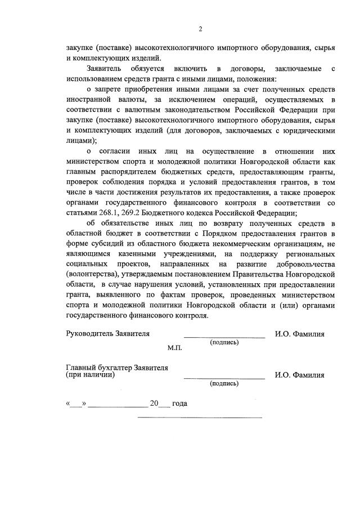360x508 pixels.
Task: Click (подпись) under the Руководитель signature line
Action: click(224, 342)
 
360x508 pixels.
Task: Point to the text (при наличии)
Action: click(91, 374)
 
